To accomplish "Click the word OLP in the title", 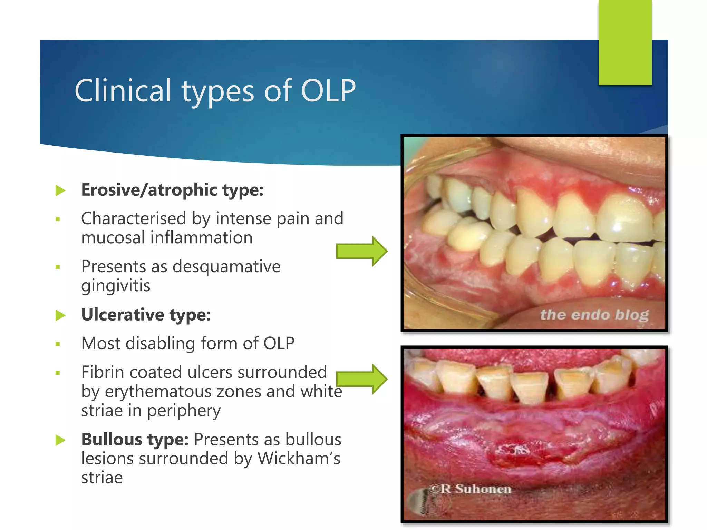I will click(328, 91).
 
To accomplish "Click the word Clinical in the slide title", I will click(123, 91).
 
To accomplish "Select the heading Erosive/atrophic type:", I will click(172, 190).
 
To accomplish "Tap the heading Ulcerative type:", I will click(146, 315).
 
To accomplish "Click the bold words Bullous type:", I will click(135, 440).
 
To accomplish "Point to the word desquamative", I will click(226, 267).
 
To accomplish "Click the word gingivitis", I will click(116, 286).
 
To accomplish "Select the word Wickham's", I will click(299, 459).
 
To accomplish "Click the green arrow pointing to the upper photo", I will click(361, 251).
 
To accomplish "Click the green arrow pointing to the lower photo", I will click(361, 379).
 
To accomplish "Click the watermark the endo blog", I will click(594, 315).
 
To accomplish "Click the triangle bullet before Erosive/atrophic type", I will click(60, 190).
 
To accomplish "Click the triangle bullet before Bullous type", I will click(60, 440).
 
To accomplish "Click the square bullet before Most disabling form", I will click(58, 344).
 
